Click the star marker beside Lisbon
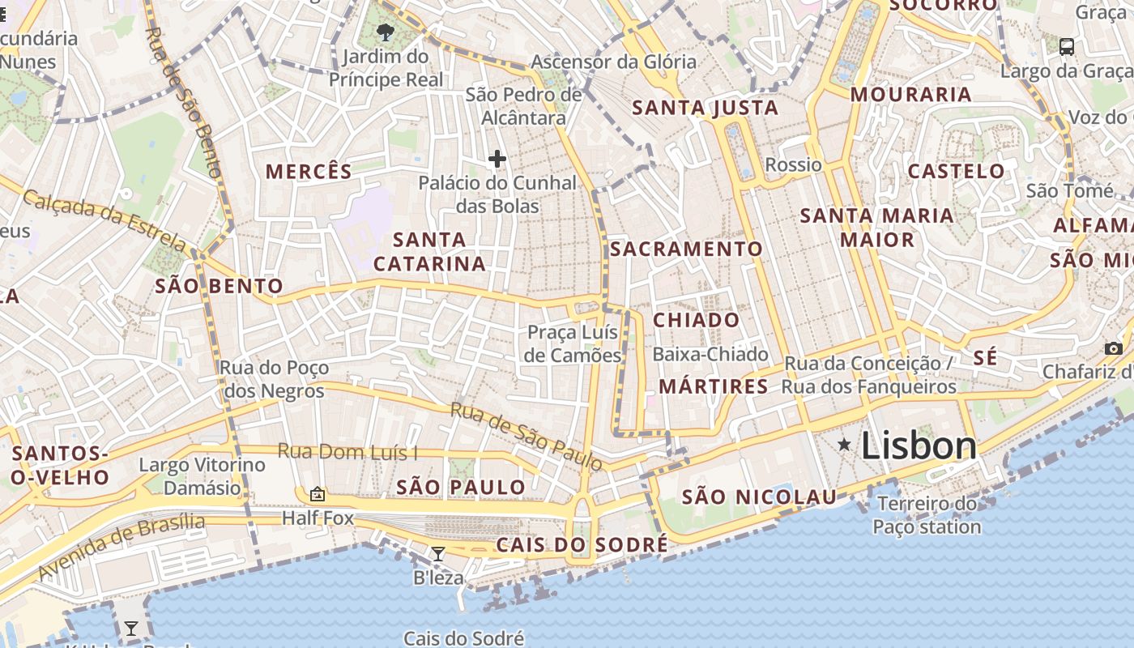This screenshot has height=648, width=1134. click(x=844, y=444)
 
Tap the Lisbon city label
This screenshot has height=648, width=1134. click(x=919, y=446)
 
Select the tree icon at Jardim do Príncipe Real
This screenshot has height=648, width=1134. click(x=386, y=32)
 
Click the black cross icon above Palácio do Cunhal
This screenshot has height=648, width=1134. click(x=497, y=159)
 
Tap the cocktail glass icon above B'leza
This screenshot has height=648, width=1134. click(x=438, y=554)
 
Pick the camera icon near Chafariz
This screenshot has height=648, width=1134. click(x=1114, y=348)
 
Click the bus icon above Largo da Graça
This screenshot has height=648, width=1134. click(x=1067, y=46)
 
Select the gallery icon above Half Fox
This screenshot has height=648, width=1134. click(x=318, y=493)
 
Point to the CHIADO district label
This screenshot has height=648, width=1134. click(x=697, y=320)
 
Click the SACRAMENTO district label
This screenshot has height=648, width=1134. click(x=686, y=249)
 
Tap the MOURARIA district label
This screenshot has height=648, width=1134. click(x=910, y=95)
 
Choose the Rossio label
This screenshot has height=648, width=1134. click(x=793, y=165)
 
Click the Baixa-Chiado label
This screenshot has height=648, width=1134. click(x=710, y=354)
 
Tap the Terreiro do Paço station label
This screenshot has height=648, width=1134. click(x=927, y=515)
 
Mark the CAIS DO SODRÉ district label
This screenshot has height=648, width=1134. click(x=582, y=545)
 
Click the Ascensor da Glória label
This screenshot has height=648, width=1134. click(x=613, y=62)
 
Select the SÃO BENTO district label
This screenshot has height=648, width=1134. click(x=219, y=286)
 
